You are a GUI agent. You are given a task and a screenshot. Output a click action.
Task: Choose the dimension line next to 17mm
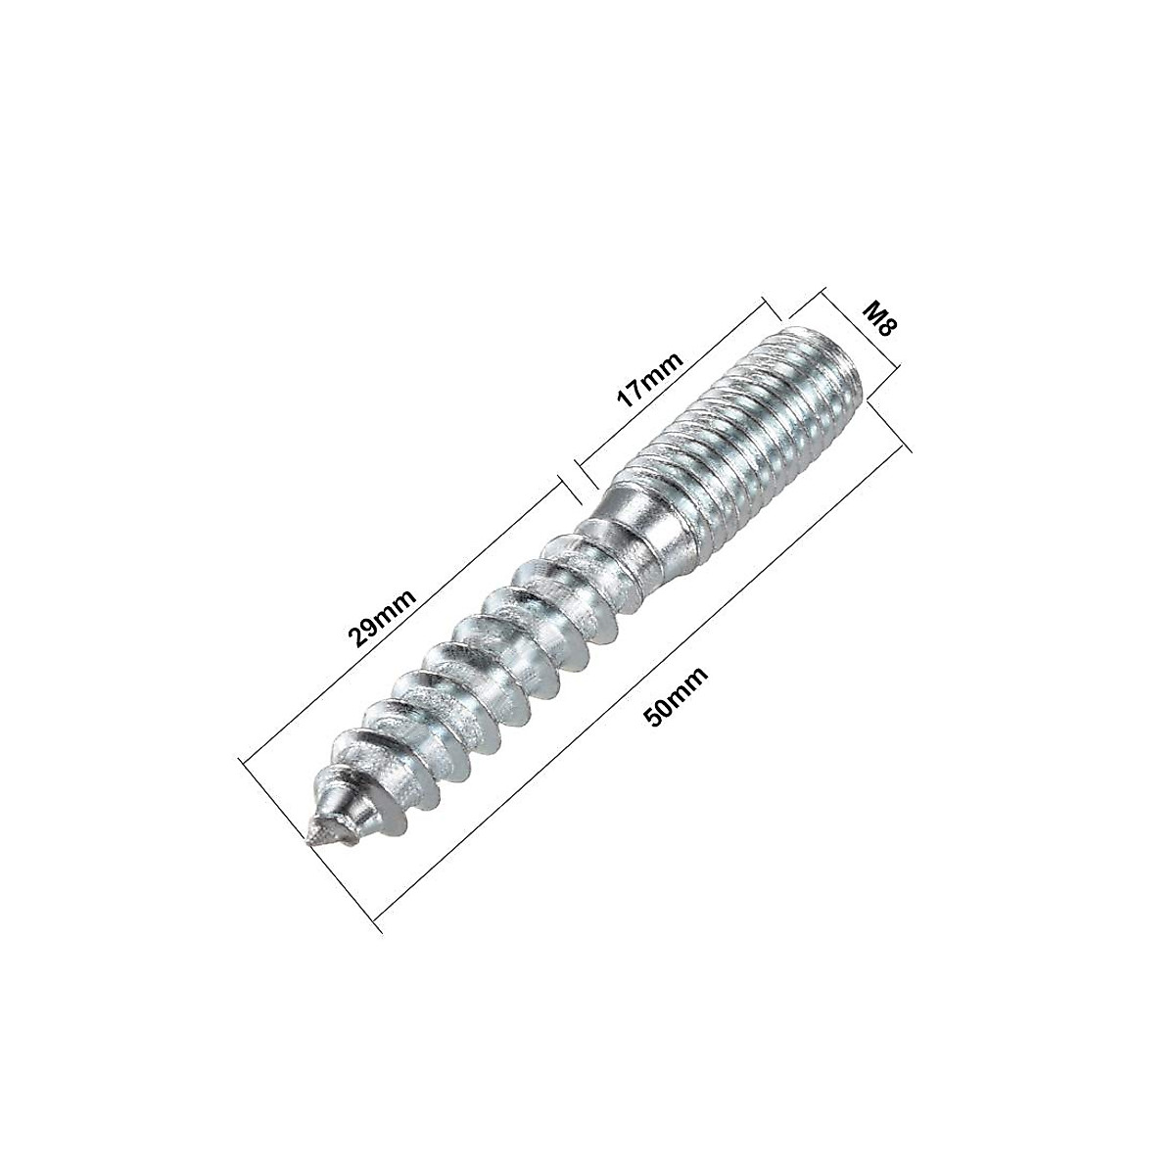[x=676, y=392]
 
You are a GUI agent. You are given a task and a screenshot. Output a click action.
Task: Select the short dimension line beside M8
[x=862, y=333]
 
